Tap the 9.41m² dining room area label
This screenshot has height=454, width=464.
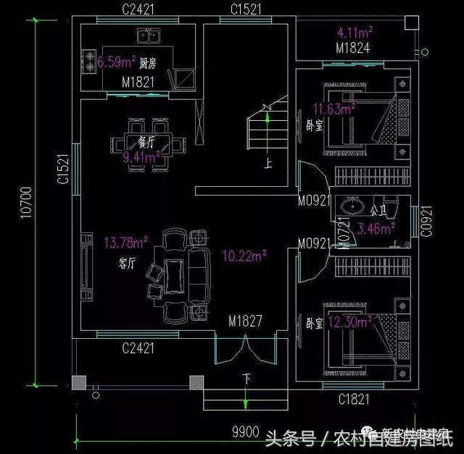(x=141, y=156)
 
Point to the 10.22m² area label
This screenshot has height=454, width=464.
(x=243, y=255)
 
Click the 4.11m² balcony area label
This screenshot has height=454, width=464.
(x=355, y=32)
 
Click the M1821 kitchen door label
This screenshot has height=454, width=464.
(x=137, y=83)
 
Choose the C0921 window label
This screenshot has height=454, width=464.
(x=426, y=221)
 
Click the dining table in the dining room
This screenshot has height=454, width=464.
(x=147, y=142)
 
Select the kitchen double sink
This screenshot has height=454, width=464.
(x=149, y=35)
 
